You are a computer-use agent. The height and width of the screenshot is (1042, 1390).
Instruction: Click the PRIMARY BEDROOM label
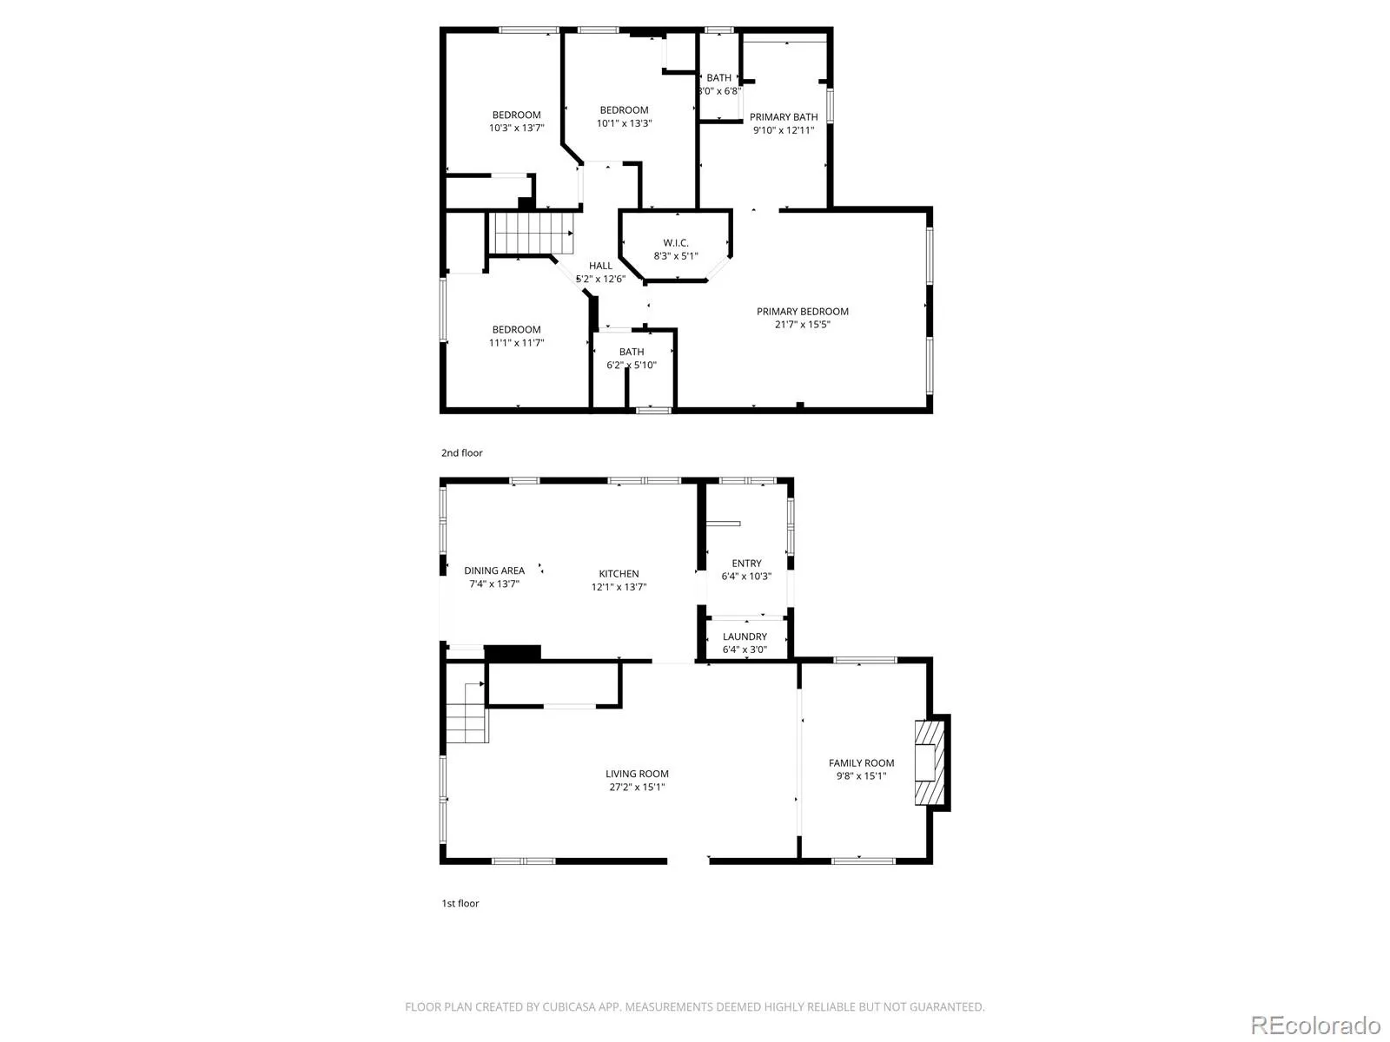coord(802,312)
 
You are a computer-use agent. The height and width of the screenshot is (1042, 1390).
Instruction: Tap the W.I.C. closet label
coord(676,243)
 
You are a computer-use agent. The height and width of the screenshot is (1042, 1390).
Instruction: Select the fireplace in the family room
coord(927,762)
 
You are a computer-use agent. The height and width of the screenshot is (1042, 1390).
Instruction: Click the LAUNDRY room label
coord(745,636)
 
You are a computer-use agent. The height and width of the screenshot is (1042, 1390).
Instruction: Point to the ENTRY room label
coord(746,564)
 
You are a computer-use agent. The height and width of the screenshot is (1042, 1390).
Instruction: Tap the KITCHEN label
coord(619,574)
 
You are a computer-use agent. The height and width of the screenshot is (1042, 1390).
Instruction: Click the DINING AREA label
coord(494,570)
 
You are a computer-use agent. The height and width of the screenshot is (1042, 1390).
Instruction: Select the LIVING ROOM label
coord(637,774)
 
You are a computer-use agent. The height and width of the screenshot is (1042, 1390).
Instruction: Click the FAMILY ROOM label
coord(861,763)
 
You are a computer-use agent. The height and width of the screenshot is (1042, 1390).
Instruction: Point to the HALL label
coord(600,266)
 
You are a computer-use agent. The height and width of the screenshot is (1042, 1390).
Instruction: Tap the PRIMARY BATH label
coord(784,117)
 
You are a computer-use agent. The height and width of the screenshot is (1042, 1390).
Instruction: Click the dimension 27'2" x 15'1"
coord(637,788)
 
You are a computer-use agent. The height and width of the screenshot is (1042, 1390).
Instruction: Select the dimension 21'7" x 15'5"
coord(802,325)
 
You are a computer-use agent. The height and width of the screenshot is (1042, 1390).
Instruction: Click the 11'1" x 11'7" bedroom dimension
coord(516,343)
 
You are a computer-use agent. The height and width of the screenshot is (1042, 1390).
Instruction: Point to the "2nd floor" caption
coord(461,452)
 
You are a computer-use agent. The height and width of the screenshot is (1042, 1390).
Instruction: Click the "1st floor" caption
coord(460,903)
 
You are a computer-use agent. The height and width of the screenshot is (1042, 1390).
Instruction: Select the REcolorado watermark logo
coord(1315,1026)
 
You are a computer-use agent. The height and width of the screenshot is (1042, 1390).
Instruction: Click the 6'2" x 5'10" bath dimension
coord(631,366)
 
